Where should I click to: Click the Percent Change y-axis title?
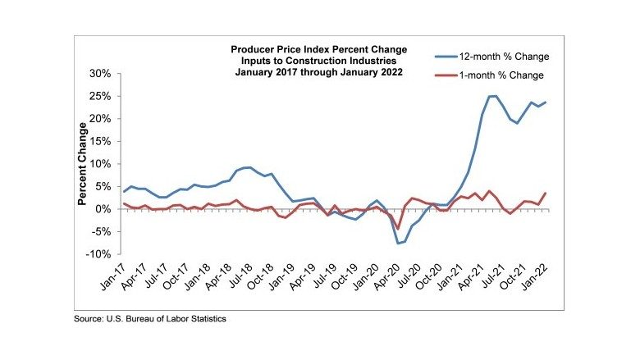83,164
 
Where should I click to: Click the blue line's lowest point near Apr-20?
397,244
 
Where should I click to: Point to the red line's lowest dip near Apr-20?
397,229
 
